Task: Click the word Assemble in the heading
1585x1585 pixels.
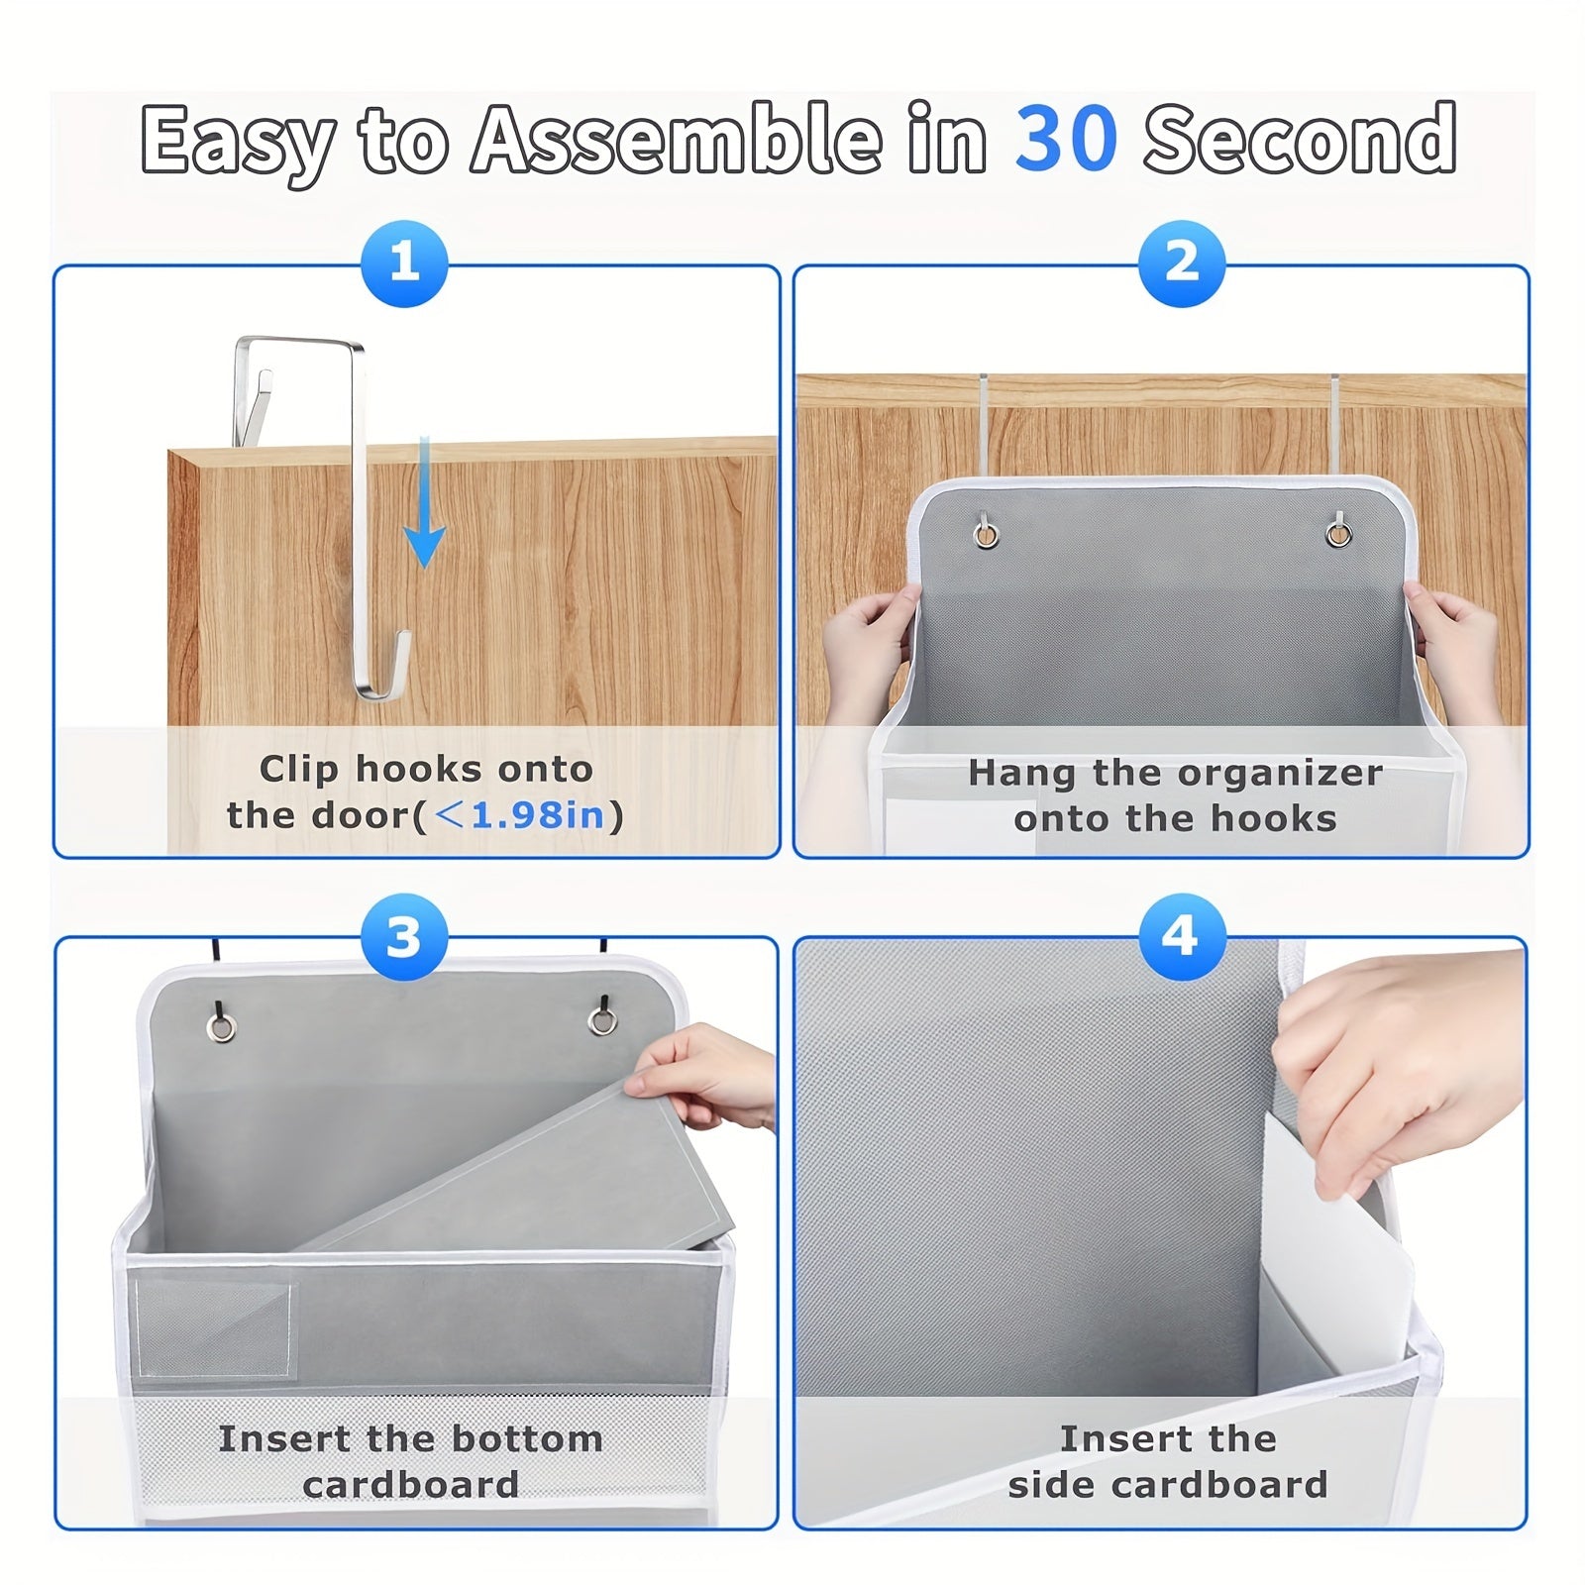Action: (675, 139)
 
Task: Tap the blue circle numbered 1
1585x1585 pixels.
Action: (404, 263)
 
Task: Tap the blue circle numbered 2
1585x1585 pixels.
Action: (1181, 263)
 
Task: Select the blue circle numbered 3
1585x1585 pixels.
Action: (404, 936)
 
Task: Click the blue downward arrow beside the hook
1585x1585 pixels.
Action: (424, 505)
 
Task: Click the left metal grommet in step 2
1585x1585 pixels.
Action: (986, 536)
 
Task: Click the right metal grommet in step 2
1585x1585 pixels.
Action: (1338, 534)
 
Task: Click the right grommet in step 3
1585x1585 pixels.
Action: (601, 1021)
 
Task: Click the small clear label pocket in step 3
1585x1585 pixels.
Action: (216, 1329)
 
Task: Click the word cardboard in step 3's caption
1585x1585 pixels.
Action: (411, 1484)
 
